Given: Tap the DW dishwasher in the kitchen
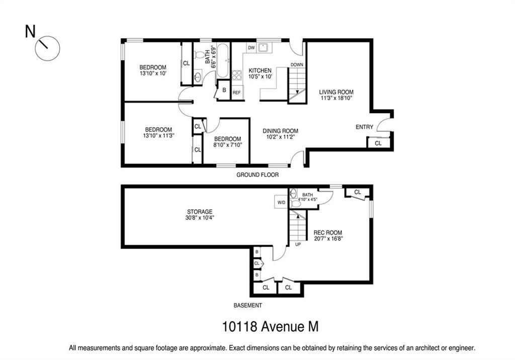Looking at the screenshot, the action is tap(251, 48).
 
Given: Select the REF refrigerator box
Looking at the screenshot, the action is tap(236, 93).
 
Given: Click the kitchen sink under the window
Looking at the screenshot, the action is tap(263, 48).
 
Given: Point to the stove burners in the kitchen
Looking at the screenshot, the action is tap(237, 75).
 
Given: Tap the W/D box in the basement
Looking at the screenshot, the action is tap(282, 202).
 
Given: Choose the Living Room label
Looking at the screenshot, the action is tap(336, 95).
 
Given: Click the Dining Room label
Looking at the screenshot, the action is tap(281, 134).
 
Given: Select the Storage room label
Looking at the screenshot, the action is tap(200, 215).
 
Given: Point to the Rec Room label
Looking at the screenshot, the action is tap(328, 235).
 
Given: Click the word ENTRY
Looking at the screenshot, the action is tap(365, 127).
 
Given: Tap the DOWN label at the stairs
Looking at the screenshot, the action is tap(297, 65).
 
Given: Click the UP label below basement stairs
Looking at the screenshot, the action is tap(298, 244).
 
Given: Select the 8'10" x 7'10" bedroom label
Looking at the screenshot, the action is tap(227, 142).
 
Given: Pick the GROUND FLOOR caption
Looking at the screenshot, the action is tap(257, 175).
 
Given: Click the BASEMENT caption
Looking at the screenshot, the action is tap(247, 305).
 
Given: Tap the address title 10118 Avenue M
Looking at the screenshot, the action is tap(270, 326).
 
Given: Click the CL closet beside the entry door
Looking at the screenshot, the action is tap(378, 143).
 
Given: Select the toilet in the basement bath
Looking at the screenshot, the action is tap(296, 204).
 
